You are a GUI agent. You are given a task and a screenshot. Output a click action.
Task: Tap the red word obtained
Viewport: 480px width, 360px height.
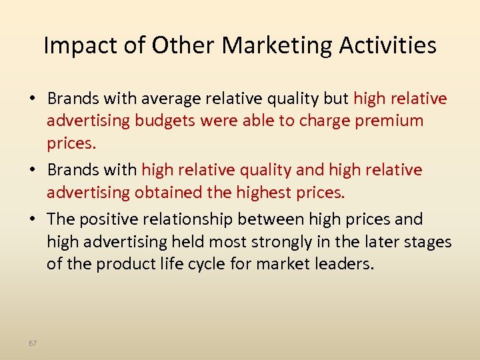[x=169, y=193]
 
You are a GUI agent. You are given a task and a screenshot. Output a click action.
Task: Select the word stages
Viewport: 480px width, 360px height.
[x=428, y=242]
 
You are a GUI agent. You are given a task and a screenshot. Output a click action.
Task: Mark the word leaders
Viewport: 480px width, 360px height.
[x=342, y=264]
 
